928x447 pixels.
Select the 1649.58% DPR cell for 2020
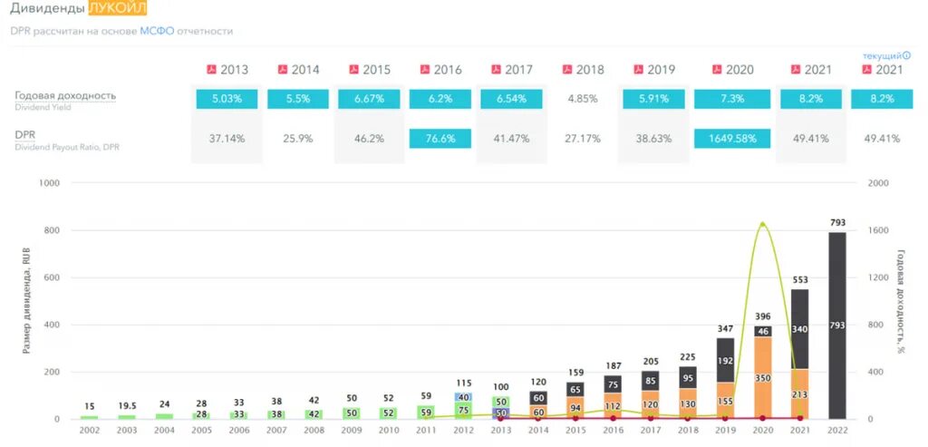pos(732,139)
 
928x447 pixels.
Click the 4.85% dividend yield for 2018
pos(583,98)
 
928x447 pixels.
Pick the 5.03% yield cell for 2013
pos(227,98)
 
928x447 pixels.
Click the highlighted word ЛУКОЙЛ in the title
pos(118,10)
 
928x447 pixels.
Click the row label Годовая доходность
pos(65,95)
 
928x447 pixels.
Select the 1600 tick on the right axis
pos(878,230)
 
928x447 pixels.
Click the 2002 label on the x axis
pos(89,430)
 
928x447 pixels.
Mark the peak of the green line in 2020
pos(762,223)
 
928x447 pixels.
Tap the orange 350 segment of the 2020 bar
pos(762,377)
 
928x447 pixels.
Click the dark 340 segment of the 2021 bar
pos(799,329)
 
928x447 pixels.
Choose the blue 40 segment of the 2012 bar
pos(464,397)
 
